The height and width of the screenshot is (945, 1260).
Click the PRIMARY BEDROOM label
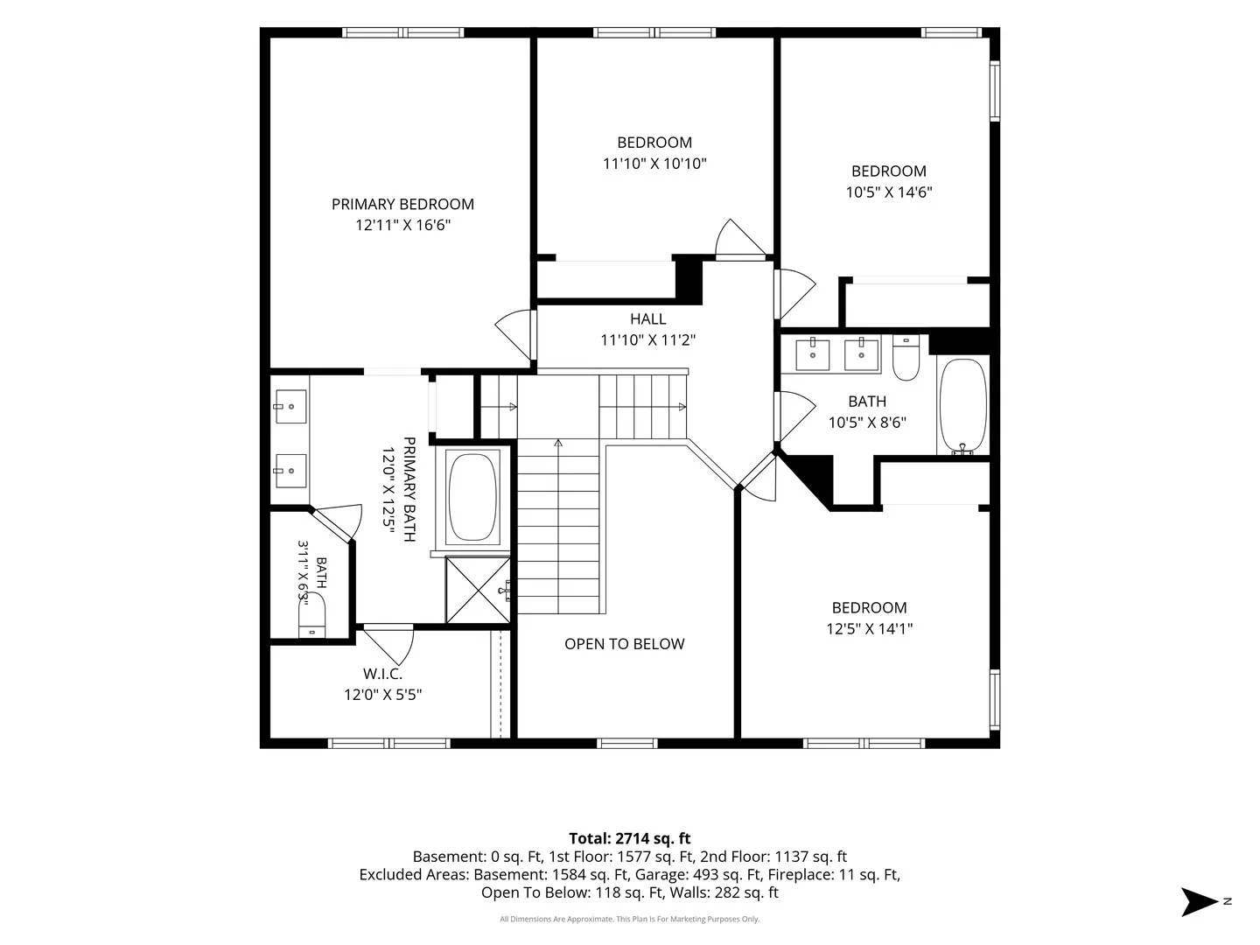[x=402, y=204]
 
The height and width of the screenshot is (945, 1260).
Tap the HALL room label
[x=647, y=319]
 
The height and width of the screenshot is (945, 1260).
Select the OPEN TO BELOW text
[x=624, y=644]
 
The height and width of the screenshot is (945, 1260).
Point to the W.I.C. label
[x=382, y=674]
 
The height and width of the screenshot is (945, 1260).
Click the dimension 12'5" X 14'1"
[x=869, y=629]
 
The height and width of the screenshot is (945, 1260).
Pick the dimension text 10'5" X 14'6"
[x=889, y=192]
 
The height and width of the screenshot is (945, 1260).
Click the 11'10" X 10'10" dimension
[x=654, y=164]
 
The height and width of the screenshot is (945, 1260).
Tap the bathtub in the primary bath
[x=472, y=497]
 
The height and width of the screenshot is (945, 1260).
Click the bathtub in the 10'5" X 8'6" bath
[x=962, y=405]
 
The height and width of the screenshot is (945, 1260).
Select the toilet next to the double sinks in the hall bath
[x=906, y=358]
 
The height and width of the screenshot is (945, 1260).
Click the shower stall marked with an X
[x=478, y=590]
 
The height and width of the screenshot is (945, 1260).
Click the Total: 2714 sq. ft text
[x=630, y=839]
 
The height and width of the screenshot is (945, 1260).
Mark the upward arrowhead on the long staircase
[x=558, y=444]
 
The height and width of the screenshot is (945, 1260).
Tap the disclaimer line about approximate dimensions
[x=630, y=919]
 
